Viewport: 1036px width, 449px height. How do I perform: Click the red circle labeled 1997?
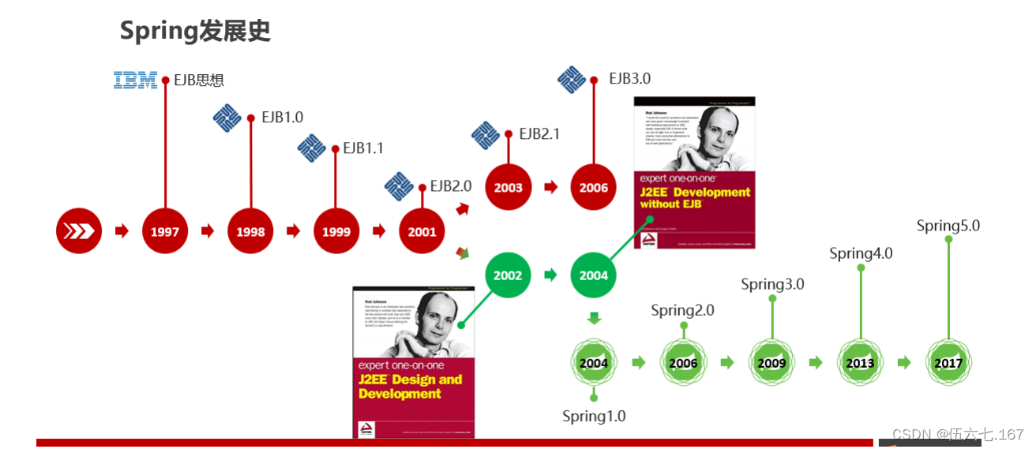coord(165,231)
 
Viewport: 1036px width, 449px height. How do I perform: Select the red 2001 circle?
coord(422,231)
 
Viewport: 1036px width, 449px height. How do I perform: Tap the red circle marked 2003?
coord(508,187)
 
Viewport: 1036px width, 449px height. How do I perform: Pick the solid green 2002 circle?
coord(508,275)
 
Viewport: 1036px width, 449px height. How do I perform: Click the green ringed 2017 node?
coord(948,363)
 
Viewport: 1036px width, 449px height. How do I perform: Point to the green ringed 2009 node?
coord(771,363)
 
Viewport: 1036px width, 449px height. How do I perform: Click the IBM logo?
coord(135,80)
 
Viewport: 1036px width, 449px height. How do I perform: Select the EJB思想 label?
coord(199,80)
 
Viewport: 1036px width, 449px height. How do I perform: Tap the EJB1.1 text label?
coord(363,148)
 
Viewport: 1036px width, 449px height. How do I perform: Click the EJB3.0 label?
coord(629,79)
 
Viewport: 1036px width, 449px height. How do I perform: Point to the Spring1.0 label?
coord(594,416)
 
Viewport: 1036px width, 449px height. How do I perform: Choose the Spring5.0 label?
coord(948,226)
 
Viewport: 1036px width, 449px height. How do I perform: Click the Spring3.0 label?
coord(772,284)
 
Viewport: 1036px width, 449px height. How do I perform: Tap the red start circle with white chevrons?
coord(79,231)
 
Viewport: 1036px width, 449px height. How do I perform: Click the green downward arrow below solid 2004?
coord(594,319)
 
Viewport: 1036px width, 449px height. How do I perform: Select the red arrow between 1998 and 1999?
coord(293,231)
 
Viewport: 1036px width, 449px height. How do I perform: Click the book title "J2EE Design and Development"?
coord(410,387)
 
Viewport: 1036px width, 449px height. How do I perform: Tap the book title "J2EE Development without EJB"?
coord(695,198)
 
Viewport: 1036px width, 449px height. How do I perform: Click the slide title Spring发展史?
coord(195,31)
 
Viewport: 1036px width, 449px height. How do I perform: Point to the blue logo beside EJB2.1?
coord(485,135)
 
